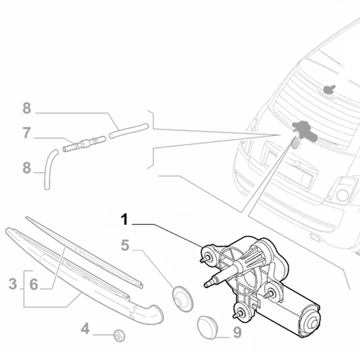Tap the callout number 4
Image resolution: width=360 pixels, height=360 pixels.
[x=86, y=330]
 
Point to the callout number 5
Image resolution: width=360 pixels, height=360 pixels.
[x=125, y=246]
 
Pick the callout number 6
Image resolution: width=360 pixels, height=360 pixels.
[x=33, y=284]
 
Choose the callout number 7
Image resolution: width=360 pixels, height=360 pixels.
[x=27, y=132]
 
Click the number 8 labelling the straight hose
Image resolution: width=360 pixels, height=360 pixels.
[x=27, y=109]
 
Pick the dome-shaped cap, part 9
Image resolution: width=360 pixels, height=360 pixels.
[x=208, y=327]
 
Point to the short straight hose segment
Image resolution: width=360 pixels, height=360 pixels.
[x=128, y=130]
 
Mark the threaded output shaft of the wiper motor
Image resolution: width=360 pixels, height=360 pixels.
[x=216, y=280]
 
